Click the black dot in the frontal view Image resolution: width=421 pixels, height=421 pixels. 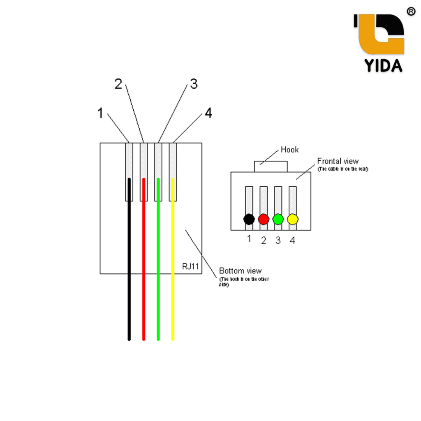[x=249, y=219]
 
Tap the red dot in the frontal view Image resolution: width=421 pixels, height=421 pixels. [x=264, y=219]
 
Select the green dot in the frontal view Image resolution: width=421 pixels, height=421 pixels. [x=278, y=219]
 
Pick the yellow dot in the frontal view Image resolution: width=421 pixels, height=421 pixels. [x=292, y=219]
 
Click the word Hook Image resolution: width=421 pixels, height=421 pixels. [x=289, y=150]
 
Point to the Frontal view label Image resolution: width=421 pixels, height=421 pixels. [x=338, y=161]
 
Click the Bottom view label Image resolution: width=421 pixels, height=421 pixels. [x=240, y=271]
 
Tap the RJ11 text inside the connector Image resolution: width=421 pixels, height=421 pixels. [x=190, y=267]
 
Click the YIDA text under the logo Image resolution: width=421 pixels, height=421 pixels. [x=383, y=65]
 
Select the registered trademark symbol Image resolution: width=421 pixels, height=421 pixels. [x=410, y=12]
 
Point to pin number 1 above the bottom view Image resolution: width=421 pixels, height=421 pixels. [x=100, y=113]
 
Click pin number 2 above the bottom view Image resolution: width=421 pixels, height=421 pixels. [x=118, y=84]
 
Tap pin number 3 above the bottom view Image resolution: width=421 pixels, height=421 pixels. [x=193, y=84]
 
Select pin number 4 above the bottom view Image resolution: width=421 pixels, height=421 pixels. [x=208, y=113]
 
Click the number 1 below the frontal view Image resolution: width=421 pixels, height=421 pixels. [x=249, y=238]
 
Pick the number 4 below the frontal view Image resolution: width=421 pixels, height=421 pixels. [x=292, y=241]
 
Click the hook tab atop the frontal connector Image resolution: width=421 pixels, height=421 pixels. [x=271, y=167]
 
